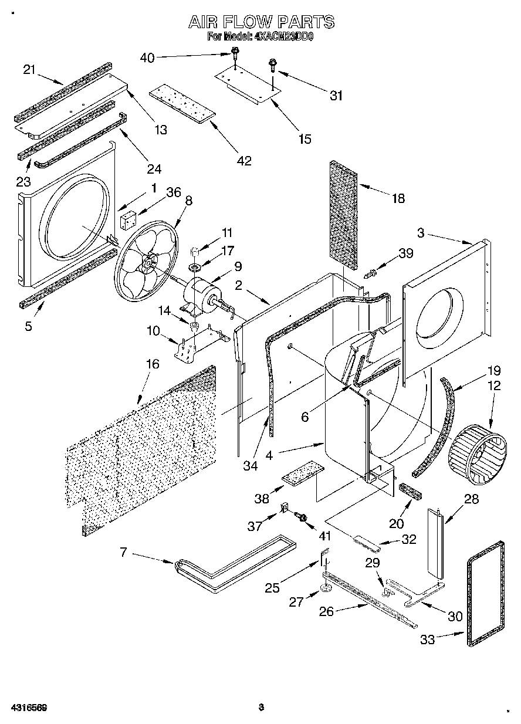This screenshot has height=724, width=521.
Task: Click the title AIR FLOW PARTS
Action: click(x=261, y=22)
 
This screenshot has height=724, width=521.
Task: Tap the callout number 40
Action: click(x=147, y=57)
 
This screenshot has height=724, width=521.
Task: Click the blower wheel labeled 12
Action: click(x=477, y=452)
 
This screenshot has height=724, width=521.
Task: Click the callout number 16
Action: click(x=152, y=364)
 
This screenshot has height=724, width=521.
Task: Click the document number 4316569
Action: click(x=28, y=708)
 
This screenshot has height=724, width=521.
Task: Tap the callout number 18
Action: click(x=398, y=198)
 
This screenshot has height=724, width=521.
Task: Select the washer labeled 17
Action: click(x=194, y=268)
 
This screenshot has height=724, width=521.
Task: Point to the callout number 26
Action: click(x=326, y=611)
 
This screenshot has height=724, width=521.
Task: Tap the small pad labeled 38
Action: click(x=303, y=473)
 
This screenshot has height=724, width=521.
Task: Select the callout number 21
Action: click(x=29, y=69)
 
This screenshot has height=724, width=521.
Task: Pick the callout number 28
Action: click(x=471, y=499)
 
